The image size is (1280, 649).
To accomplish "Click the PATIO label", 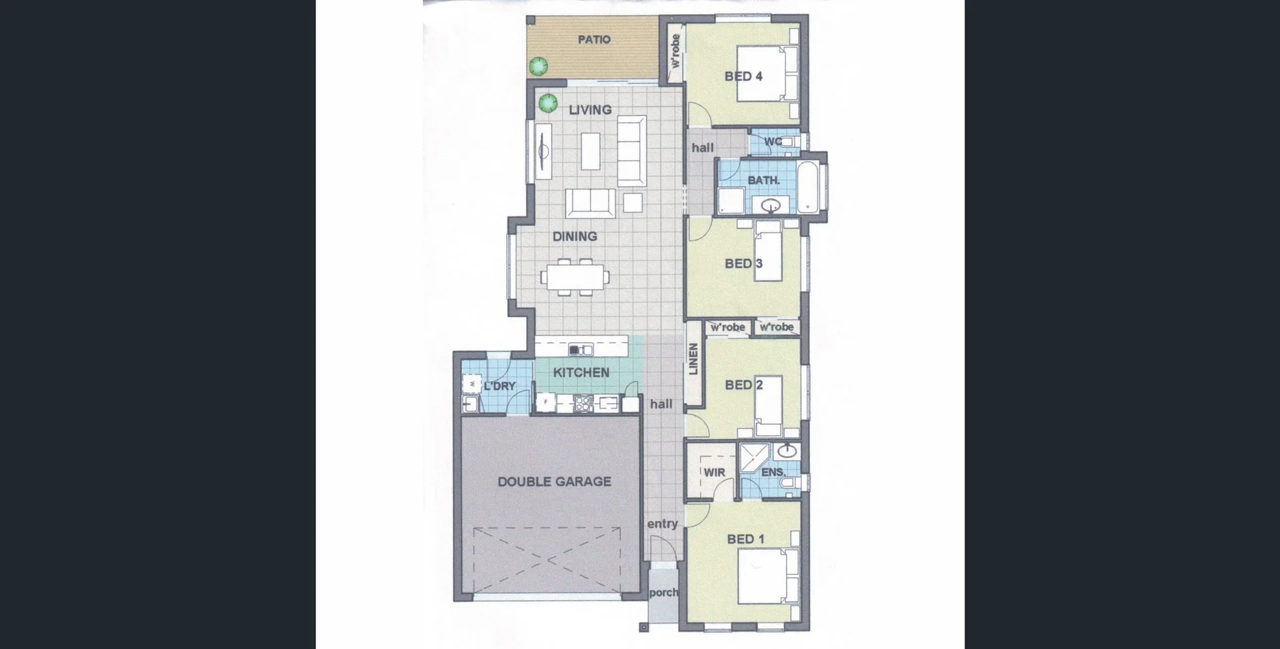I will (x=593, y=40).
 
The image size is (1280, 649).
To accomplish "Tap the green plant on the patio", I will (x=538, y=66).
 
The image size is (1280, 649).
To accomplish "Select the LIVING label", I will (x=590, y=110).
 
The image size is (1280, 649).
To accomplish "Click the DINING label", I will (x=575, y=237).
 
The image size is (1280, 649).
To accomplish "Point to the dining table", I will (x=575, y=276).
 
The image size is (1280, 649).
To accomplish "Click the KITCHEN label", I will (x=581, y=373).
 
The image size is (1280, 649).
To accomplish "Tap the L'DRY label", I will (x=499, y=386).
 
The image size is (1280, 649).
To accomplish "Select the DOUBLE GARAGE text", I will (x=554, y=482).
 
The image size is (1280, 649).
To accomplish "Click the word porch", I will (x=663, y=592).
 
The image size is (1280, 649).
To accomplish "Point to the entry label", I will (x=662, y=524).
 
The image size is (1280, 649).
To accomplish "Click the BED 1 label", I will (x=745, y=539).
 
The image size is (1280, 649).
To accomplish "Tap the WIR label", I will (x=714, y=472).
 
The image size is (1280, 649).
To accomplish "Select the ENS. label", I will (x=773, y=472).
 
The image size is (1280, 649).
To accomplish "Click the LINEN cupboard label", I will (x=693, y=359).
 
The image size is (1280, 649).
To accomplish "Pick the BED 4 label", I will (x=743, y=77).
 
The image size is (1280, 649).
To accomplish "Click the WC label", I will (x=773, y=141).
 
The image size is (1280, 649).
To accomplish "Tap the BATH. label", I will (x=763, y=180).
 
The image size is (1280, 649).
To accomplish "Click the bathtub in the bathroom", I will (x=809, y=186).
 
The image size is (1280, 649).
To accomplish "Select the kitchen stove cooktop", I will (x=583, y=402).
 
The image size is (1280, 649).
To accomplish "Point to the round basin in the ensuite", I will (x=787, y=452).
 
